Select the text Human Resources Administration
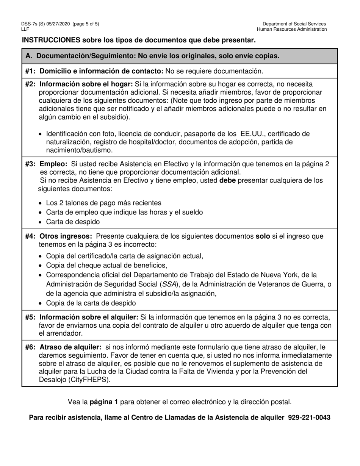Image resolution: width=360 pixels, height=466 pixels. pyautogui.click(x=292, y=29)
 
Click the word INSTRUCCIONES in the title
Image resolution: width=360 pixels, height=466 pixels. pyautogui.click(x=51, y=40)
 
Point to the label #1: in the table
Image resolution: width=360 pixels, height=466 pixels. pyautogui.click(x=31, y=71)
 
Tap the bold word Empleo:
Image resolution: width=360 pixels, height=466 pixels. pyautogui.click(x=53, y=164)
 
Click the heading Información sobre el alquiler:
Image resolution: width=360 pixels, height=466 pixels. pyautogui.click(x=89, y=317)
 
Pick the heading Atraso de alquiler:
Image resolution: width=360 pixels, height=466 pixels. pyautogui.click(x=70, y=347)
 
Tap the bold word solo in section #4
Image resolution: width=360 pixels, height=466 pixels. pyautogui.click(x=263, y=236)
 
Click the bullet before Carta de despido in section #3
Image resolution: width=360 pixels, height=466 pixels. pyautogui.click(x=41, y=222)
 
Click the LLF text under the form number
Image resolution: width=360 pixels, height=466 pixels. pyautogui.click(x=25, y=29)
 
